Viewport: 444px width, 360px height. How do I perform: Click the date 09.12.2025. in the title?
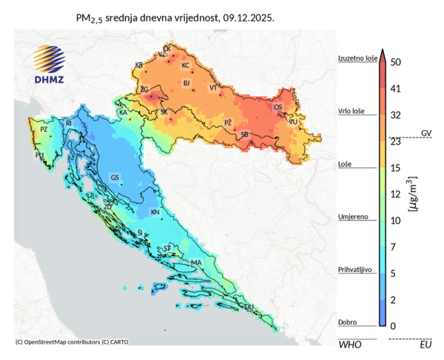click(248, 16)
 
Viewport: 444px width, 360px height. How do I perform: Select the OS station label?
click(278, 107)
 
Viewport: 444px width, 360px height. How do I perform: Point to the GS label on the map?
click(115, 178)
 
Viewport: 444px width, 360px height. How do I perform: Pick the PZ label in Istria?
click(44, 129)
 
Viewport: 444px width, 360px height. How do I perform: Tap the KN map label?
click(155, 212)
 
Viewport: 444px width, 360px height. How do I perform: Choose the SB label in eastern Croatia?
click(244, 134)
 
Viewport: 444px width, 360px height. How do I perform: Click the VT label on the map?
click(214, 88)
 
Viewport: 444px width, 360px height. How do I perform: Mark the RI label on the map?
click(69, 123)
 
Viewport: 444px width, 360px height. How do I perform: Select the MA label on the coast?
click(196, 262)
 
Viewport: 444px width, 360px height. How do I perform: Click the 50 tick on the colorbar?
click(395, 62)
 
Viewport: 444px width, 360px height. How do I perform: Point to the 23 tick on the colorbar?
click(395, 140)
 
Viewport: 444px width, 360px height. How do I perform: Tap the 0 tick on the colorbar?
click(392, 326)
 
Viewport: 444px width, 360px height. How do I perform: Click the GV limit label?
click(425, 133)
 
